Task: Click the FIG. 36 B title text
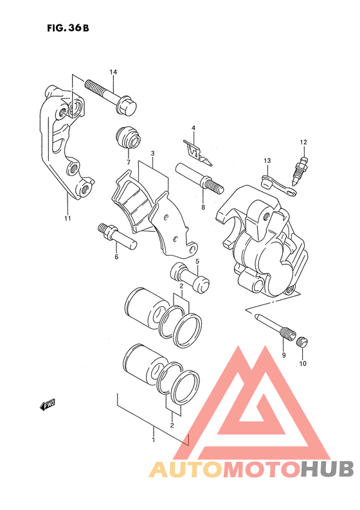click(67, 28)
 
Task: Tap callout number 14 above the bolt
click(113, 72)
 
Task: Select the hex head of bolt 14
click(128, 105)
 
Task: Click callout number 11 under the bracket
click(67, 218)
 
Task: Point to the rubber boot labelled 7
click(128, 137)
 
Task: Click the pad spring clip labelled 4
click(197, 152)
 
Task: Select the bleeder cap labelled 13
click(278, 187)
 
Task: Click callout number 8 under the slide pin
click(203, 207)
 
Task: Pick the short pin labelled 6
click(117, 236)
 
